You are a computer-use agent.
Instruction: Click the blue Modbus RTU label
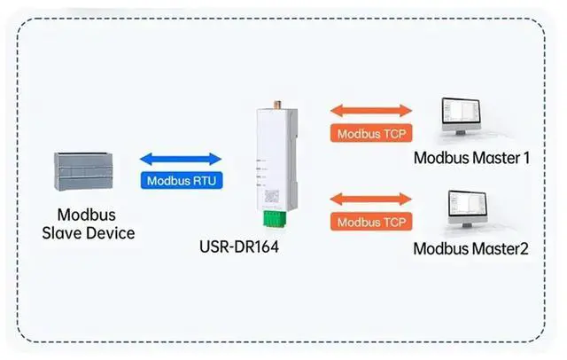(x=182, y=180)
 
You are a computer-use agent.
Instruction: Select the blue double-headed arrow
(x=181, y=159)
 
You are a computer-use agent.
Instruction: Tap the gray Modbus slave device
(x=83, y=171)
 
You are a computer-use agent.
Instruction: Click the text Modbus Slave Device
(x=89, y=224)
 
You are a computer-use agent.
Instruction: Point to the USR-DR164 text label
(x=239, y=247)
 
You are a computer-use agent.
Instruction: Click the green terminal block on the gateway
(x=275, y=219)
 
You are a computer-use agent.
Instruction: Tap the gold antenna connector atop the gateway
(x=277, y=105)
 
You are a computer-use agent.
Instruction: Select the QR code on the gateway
(x=272, y=197)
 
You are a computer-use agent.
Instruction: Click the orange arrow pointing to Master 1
(x=371, y=111)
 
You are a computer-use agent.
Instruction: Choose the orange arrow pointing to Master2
(x=371, y=199)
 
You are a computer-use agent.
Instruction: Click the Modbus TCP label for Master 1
(x=371, y=134)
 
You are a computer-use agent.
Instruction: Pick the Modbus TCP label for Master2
(x=371, y=222)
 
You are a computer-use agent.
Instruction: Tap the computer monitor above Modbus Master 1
(x=462, y=116)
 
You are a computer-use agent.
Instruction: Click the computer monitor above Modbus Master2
(x=468, y=208)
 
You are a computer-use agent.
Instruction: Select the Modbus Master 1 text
(x=471, y=158)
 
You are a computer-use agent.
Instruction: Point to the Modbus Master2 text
(x=470, y=249)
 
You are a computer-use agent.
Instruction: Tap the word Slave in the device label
(x=60, y=233)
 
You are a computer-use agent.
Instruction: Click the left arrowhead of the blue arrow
(x=145, y=159)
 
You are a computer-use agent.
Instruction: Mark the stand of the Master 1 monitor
(x=461, y=133)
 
